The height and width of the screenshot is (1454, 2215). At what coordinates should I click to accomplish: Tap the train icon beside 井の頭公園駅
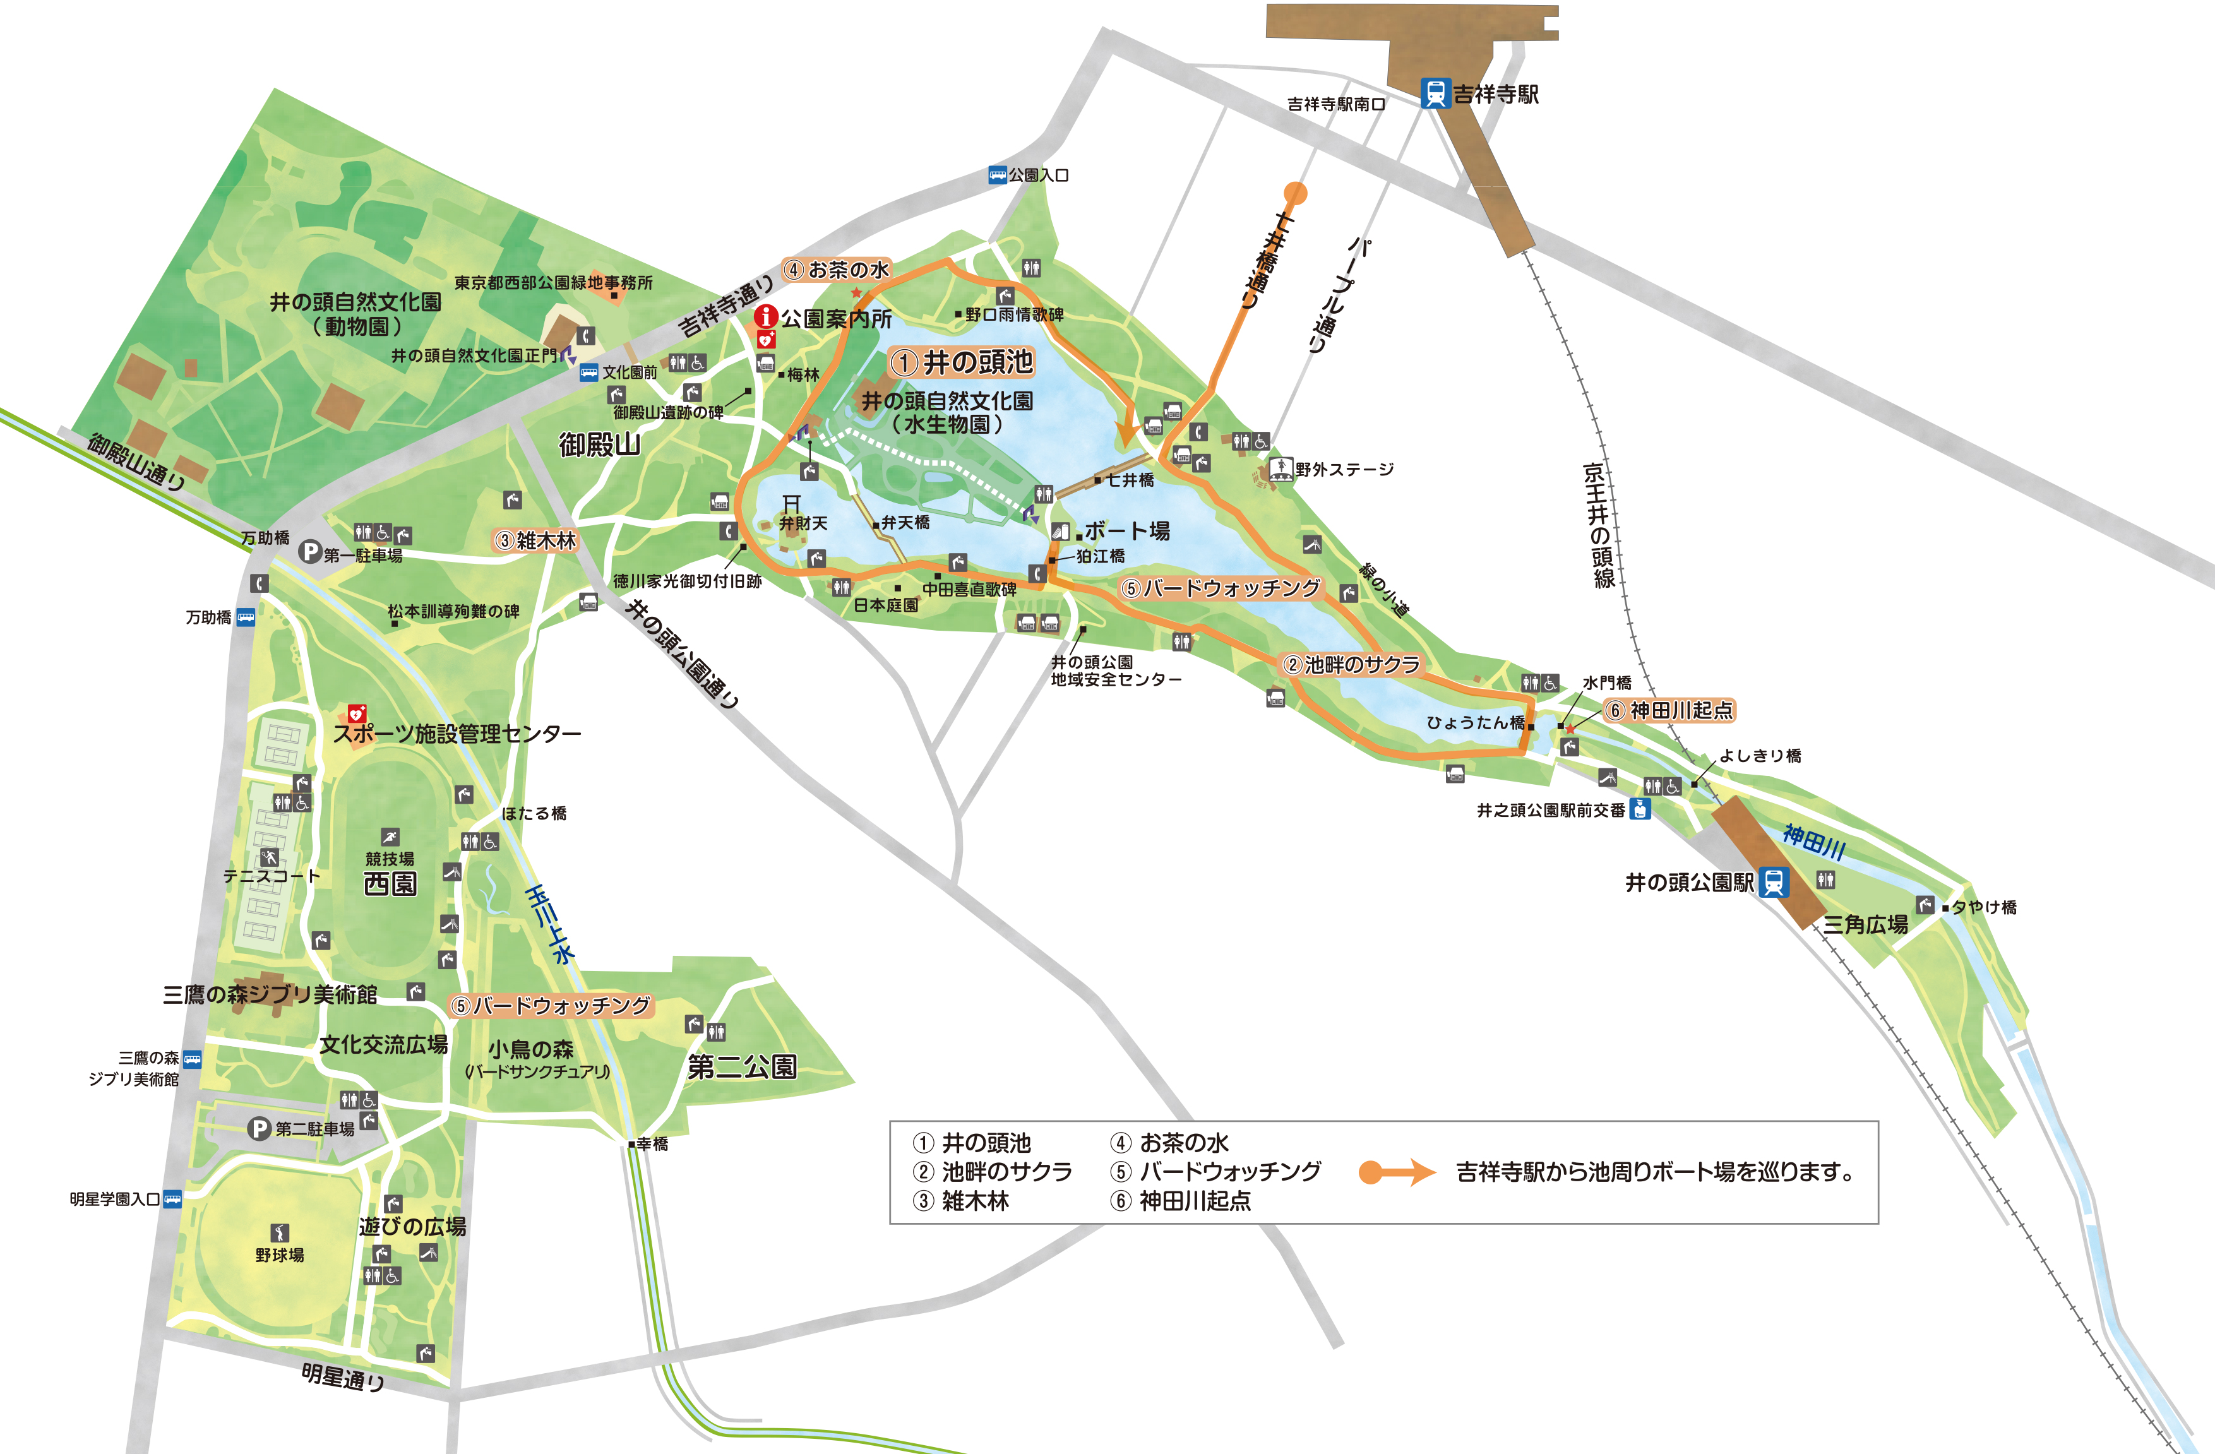pos(1773,881)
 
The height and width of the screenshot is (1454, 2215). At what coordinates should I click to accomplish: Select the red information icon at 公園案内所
pos(765,316)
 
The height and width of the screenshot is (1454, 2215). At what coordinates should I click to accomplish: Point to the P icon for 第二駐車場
pos(259,1128)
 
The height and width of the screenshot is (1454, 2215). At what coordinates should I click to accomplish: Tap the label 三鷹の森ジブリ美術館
pos(270,994)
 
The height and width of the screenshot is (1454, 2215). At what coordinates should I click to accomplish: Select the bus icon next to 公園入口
pos(998,175)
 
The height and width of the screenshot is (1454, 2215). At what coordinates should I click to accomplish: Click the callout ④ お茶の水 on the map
pos(837,270)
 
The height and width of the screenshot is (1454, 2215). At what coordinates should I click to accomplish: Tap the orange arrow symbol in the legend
pos(1397,1172)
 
